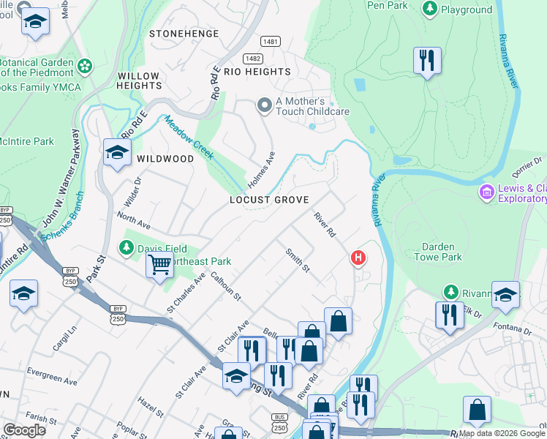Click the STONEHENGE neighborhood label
pos(184,34)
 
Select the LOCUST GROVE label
pos(268,200)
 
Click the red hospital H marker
pos(358,258)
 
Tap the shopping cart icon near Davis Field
pos(159,266)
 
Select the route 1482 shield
pos(253,58)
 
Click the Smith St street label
pos(298,260)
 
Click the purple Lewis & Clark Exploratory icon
pos(486,193)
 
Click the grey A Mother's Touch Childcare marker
pos(264,106)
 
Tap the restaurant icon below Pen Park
pos(427,61)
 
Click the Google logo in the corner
pos(24,429)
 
